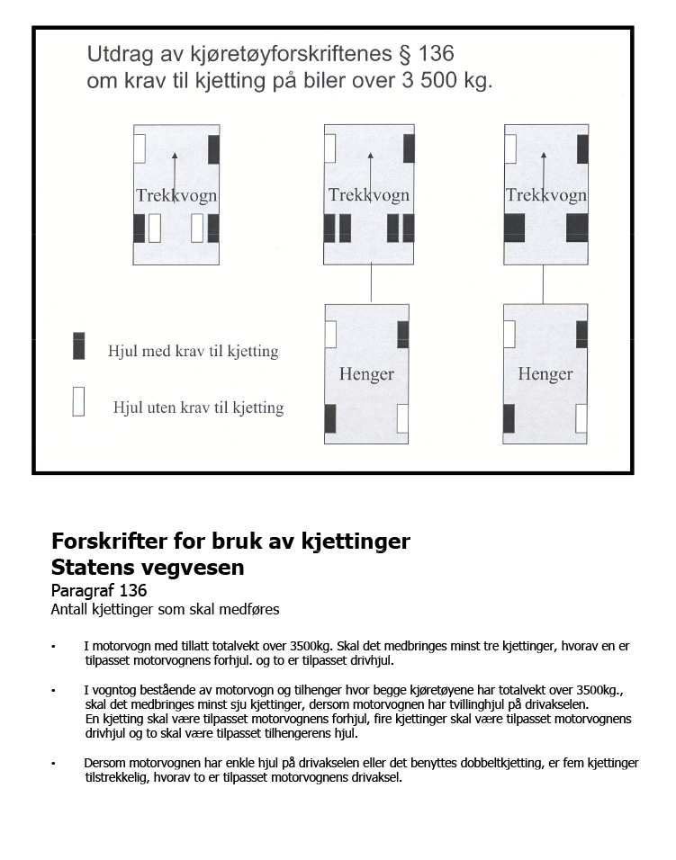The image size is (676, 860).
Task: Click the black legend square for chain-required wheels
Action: [x=79, y=345]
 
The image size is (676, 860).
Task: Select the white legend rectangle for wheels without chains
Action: [x=78, y=401]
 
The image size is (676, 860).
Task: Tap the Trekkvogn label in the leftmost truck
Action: [x=176, y=195]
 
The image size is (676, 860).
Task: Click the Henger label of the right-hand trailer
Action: [x=545, y=374]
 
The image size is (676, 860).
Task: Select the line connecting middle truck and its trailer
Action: [x=371, y=283]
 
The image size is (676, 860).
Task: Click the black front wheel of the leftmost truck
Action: [x=213, y=149]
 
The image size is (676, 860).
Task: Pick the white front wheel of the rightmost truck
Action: [x=510, y=148]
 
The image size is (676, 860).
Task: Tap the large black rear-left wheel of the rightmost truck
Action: [x=515, y=228]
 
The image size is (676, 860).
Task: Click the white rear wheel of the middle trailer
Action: [x=402, y=418]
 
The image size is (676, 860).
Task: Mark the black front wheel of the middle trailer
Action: [x=402, y=334]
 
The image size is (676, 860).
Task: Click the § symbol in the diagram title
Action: [x=405, y=54]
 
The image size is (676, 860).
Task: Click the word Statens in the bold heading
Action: [x=89, y=567]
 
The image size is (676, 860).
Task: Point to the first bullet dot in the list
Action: [x=53, y=647]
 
